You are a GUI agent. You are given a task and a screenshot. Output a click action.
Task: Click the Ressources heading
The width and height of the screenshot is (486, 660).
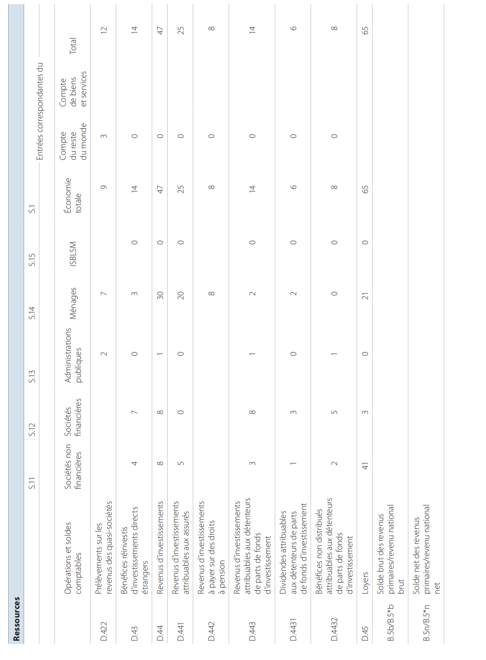pos(16,618)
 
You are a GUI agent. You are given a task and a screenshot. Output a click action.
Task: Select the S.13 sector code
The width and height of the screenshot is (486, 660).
pos(32,376)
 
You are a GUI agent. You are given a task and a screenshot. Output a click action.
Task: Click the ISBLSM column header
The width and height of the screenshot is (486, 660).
pos(73,254)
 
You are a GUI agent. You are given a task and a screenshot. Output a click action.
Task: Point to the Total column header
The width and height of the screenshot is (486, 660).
pos(73,46)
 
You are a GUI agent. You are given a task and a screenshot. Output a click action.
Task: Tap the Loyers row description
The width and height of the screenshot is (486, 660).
pos(365,582)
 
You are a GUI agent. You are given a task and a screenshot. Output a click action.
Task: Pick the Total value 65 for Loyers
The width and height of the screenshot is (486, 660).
pos(365,30)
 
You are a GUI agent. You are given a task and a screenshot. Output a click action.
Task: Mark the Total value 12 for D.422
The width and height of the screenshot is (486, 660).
pos(104,29)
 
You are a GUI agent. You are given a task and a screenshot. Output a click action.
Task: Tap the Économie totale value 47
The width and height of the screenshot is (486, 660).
pos(160,189)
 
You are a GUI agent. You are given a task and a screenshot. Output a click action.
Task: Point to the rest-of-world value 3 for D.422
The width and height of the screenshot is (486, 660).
pos(104,136)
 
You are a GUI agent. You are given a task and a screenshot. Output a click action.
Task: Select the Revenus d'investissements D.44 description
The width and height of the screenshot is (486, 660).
pos(160,547)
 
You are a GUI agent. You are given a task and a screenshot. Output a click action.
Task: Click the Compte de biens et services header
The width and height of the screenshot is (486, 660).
pos(73,89)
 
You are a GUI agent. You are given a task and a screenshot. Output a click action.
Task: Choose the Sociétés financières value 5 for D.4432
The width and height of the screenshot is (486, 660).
pos(334,412)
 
